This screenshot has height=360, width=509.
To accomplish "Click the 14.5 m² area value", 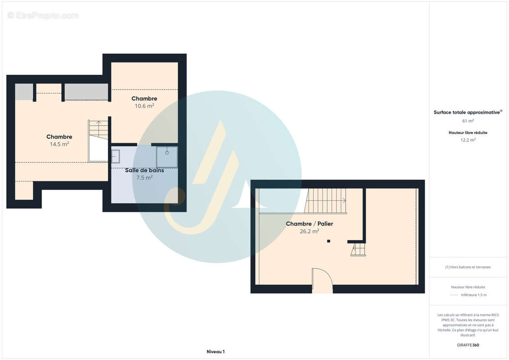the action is pyautogui.click(x=59, y=144).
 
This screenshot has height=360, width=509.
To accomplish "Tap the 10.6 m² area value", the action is pyautogui.click(x=144, y=106).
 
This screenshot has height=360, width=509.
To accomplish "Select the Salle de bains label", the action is pyautogui.click(x=144, y=170).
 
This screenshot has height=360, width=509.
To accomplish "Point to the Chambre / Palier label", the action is pyautogui.click(x=309, y=224).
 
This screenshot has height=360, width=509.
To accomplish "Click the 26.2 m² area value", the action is pyautogui.click(x=309, y=231).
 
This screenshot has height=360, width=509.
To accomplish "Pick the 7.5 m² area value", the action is pyautogui.click(x=144, y=178).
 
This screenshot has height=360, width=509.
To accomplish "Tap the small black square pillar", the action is pyautogui.click(x=329, y=241).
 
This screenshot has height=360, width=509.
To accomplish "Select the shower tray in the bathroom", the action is pyautogui.click(x=167, y=157).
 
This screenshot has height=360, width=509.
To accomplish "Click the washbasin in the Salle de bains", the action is pyautogui.click(x=116, y=156).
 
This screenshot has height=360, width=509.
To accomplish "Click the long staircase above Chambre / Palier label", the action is pyautogui.click(x=325, y=201).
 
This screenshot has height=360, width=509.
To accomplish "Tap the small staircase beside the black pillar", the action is pyautogui.click(x=358, y=249).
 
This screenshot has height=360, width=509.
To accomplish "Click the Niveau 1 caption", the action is pyautogui.click(x=216, y=351).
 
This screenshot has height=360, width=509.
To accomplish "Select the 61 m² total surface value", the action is pyautogui.click(x=468, y=121).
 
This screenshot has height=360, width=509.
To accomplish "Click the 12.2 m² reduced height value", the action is pyautogui.click(x=468, y=140).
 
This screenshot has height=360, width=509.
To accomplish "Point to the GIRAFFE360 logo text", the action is pyautogui.click(x=468, y=345).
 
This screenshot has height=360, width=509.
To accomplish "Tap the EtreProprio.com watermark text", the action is pyautogui.click(x=43, y=15).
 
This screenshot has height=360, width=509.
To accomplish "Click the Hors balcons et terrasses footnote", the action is pyautogui.click(x=468, y=267).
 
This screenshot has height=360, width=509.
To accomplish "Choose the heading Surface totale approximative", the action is pyautogui.click(x=467, y=112).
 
